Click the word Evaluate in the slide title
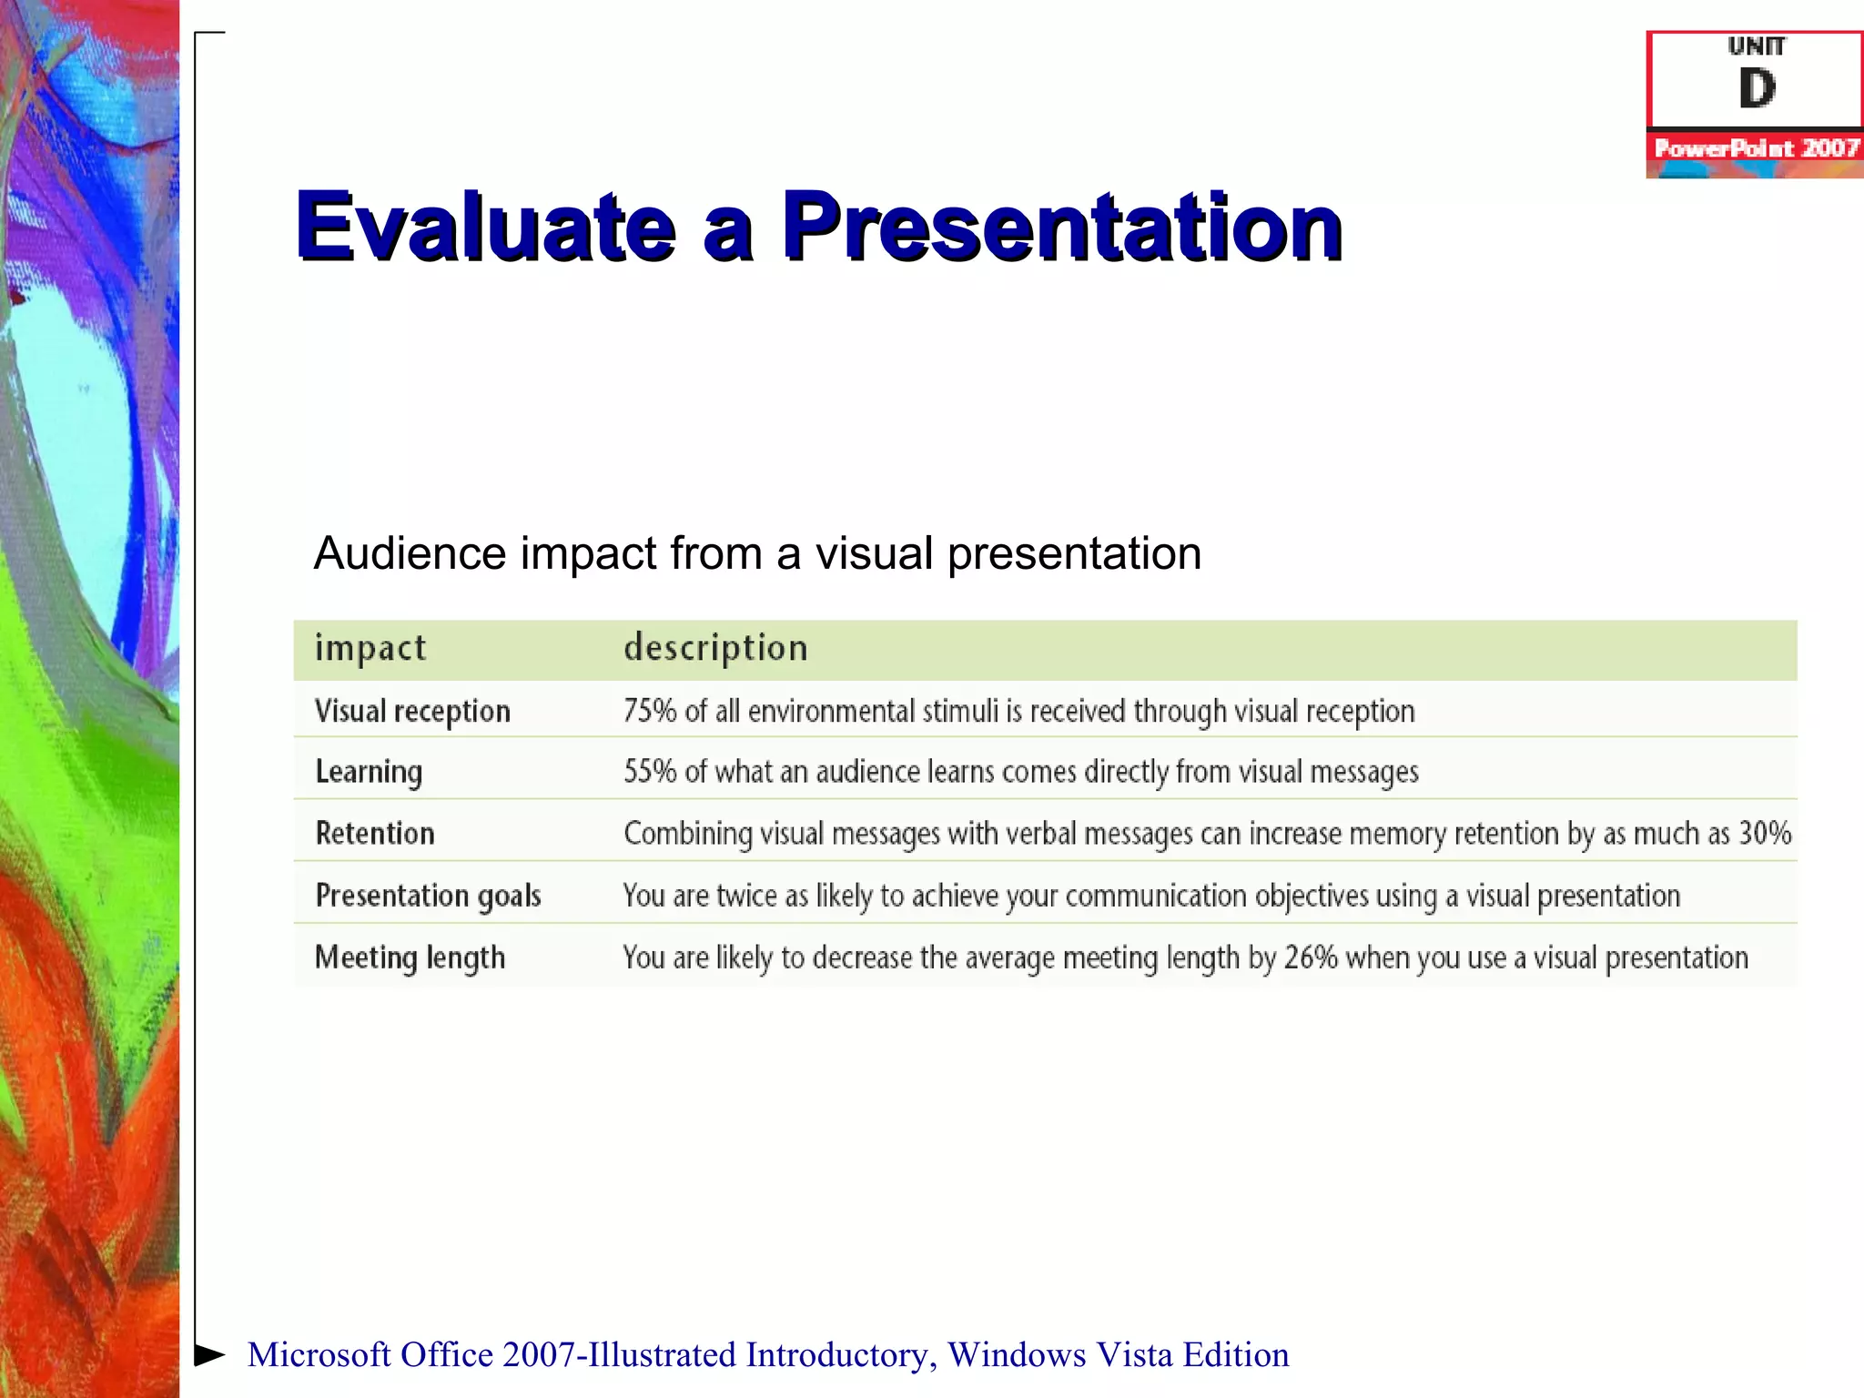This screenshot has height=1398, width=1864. tap(485, 228)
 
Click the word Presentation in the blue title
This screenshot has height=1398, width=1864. tap(1061, 228)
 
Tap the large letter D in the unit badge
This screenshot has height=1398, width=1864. tap(1757, 89)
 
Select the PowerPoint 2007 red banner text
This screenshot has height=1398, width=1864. tap(1756, 148)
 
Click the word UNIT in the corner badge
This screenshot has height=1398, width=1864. tap(1757, 46)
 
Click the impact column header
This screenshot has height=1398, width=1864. tap(370, 648)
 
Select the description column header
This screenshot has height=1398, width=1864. tap(715, 648)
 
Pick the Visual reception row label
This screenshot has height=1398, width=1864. tap(412, 711)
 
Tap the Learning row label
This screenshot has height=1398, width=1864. tap(369, 772)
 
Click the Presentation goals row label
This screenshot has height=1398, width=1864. tap(428, 896)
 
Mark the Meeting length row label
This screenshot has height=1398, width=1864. tap(410, 957)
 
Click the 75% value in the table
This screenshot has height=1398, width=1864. tap(650, 711)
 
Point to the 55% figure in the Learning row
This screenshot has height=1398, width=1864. tap(650, 772)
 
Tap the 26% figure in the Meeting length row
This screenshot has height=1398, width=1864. tap(1311, 957)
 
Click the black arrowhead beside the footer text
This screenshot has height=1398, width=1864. tap(210, 1354)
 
